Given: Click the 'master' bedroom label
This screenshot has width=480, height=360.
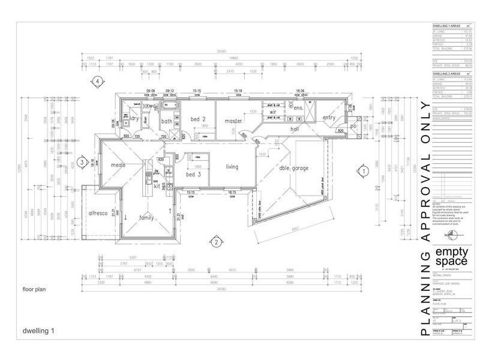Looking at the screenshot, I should pos(233,121).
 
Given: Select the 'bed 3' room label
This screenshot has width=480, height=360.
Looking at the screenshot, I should pos(194,174).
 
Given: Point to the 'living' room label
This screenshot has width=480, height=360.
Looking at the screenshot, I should pos(232,166).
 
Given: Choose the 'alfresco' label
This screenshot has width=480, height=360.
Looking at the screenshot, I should pos(98,213).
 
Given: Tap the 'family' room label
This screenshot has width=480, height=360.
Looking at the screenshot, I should pos(147,217).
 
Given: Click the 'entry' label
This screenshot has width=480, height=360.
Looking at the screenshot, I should pos(329,118).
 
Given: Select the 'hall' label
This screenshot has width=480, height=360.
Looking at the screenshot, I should pos(295,128).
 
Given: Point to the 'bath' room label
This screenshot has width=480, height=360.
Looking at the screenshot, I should pos(167,121).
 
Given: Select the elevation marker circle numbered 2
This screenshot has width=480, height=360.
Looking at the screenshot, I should pos(214,242).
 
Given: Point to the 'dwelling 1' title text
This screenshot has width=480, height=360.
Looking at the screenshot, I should pos(38,330).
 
